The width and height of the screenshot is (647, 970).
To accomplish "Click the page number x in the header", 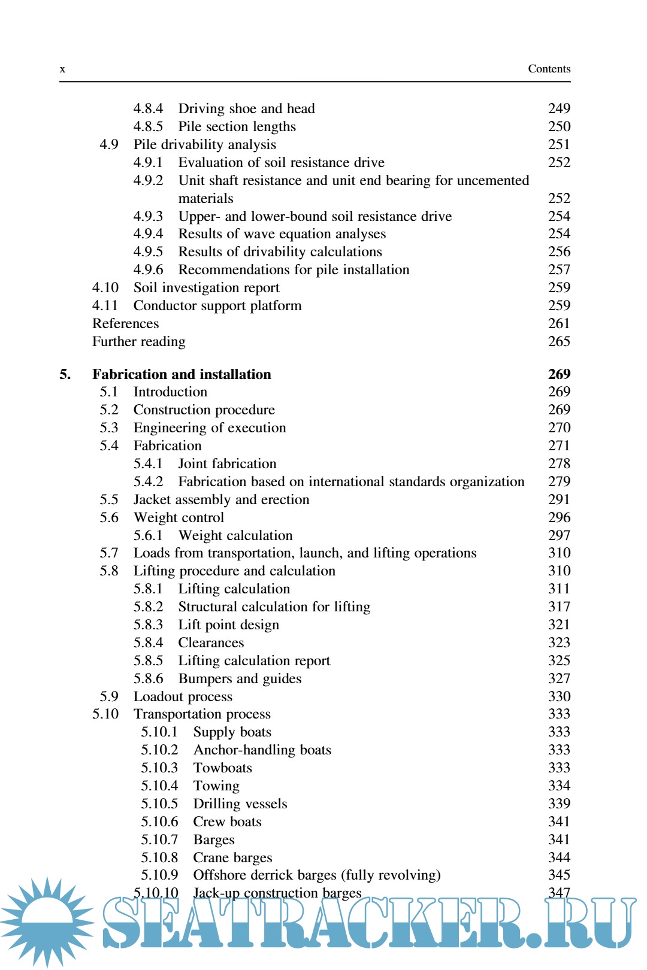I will tap(62, 69).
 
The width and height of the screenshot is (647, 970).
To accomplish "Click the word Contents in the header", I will tap(549, 69).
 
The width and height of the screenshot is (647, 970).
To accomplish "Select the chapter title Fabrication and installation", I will tap(182, 374).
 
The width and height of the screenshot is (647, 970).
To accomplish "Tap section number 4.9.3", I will tap(148, 216).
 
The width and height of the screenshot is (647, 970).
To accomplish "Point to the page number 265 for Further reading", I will tap(559, 341).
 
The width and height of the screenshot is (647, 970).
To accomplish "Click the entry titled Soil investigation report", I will tap(206, 288).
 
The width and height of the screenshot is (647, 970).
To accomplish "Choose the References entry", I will tap(126, 323).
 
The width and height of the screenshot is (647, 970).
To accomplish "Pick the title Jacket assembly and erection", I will tap(221, 499).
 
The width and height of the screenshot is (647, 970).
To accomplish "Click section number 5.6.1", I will tap(148, 535).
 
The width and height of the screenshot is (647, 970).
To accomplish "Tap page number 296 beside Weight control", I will tap(559, 517).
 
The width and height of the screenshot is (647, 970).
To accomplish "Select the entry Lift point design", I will tap(228, 625).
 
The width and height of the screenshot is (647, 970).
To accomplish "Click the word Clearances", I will tap(211, 642).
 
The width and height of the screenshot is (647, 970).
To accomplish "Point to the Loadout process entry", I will tap(183, 696).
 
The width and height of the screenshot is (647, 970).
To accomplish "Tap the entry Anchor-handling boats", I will tap(262, 750).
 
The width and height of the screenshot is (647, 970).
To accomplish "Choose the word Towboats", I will tap(222, 768).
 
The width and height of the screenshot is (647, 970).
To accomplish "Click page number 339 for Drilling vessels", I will tap(559, 804).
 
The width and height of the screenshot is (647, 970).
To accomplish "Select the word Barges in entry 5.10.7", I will tap(214, 839).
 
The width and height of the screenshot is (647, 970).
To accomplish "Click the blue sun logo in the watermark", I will tap(47, 919).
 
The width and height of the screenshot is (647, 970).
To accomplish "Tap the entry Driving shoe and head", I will tap(246, 108).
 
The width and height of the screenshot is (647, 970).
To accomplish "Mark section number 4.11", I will tap(105, 305).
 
